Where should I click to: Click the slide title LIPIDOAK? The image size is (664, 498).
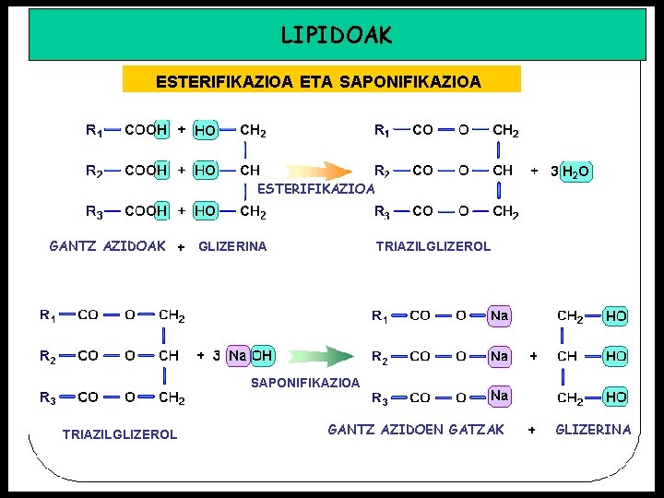tap(336, 35)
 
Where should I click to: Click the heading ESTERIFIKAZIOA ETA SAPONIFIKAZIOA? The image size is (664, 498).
tap(318, 81)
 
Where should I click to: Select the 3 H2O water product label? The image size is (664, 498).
tap(570, 171)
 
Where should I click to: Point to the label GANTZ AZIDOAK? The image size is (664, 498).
tap(107, 246)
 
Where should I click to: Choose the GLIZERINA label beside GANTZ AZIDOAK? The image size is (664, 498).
tap(232, 246)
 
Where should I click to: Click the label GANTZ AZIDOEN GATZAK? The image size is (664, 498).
tap(416, 429)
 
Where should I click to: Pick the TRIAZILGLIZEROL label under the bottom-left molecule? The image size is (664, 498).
tap(120, 434)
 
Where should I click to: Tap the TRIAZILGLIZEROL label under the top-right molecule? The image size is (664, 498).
tap(433, 246)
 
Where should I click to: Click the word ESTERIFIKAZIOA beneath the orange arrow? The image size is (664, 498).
tap(315, 189)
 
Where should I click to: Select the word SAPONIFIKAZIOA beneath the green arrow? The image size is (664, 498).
tap(306, 382)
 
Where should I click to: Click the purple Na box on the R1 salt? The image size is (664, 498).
tap(500, 315)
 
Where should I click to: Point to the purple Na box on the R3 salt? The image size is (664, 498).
tap(500, 396)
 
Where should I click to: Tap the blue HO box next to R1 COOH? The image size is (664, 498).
tap(205, 131)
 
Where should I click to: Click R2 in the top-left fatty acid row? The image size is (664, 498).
tap(93, 171)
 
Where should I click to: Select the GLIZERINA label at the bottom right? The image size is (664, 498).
tap(593, 429)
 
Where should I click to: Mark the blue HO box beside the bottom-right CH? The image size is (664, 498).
tap(616, 356)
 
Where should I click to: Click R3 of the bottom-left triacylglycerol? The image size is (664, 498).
tap(47, 397)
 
